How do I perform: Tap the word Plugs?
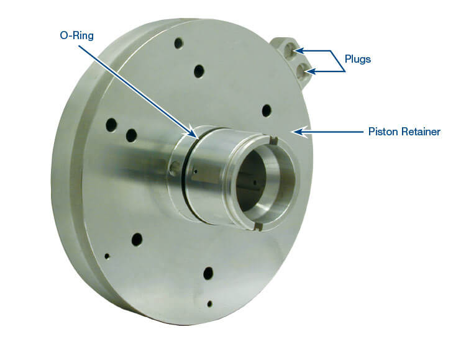point(359,60)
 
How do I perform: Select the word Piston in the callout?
point(380,132)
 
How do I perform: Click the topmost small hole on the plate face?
point(179,43)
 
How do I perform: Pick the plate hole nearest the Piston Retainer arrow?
point(267,110)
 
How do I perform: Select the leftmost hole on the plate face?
point(111,125)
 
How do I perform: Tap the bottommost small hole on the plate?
point(210,304)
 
